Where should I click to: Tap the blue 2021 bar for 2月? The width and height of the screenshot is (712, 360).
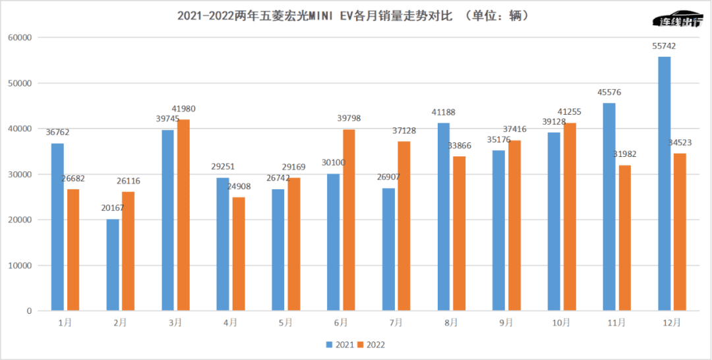click(113, 264)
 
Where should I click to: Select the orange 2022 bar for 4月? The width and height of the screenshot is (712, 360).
click(238, 254)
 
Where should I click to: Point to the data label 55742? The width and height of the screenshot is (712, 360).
click(663, 46)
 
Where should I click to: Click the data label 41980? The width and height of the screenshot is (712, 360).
click(183, 109)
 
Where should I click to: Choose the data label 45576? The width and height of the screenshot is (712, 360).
click(608, 92)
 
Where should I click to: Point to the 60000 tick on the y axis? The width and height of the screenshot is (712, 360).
click(20, 38)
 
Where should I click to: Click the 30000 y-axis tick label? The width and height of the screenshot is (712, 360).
click(20, 174)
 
